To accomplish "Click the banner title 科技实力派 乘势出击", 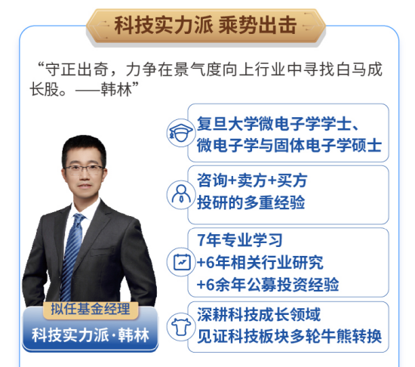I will pos(208,23).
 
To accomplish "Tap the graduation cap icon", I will pos(180,133).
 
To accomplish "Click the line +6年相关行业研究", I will pos(260,262).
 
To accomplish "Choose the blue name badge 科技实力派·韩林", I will pos(91,335).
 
